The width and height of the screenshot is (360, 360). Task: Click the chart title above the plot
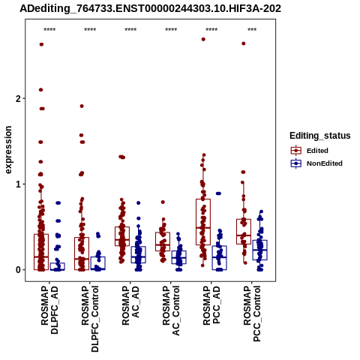(150, 8)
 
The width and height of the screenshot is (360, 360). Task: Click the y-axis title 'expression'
(8, 150)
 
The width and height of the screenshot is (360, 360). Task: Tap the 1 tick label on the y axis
(18, 184)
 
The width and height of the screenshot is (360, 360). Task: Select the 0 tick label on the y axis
(18, 270)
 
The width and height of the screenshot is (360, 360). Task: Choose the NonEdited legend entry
(316, 163)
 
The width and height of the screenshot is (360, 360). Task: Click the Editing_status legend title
(319, 136)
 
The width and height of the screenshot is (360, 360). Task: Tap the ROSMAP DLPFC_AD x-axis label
(49, 310)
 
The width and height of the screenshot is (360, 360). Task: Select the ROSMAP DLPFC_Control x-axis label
(90, 319)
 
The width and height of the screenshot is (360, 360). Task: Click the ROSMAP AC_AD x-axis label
(130, 305)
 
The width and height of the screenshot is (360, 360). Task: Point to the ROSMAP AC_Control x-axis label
(171, 310)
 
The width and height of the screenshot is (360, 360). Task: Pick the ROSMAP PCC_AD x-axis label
(211, 305)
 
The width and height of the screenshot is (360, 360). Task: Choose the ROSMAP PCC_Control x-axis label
(252, 313)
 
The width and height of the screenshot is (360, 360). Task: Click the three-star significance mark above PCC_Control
(252, 29)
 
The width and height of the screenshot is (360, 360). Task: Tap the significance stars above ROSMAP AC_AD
(130, 29)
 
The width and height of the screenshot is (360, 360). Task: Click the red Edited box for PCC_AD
(203, 222)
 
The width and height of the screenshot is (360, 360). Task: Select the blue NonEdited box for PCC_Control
(260, 250)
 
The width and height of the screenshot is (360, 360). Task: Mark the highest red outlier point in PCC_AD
(203, 39)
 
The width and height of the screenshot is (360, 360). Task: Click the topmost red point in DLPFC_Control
(82, 106)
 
